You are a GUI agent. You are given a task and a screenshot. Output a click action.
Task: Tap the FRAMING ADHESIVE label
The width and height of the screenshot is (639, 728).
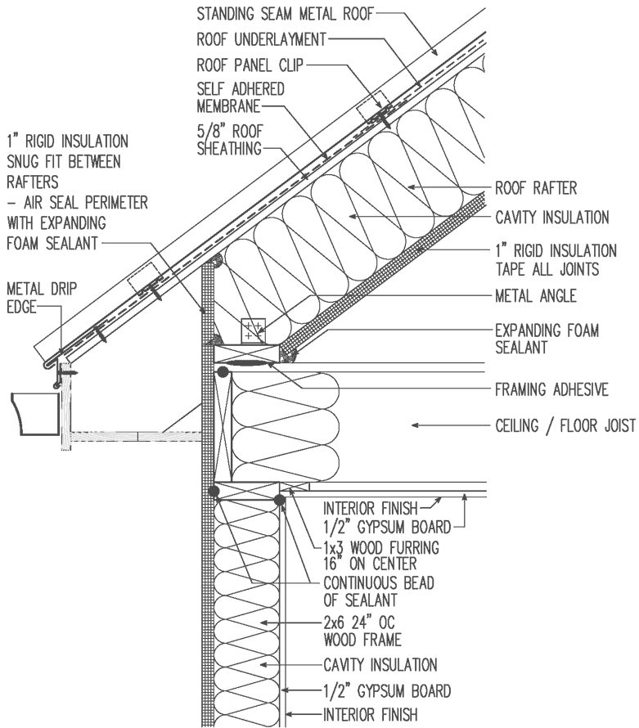click(x=552, y=389)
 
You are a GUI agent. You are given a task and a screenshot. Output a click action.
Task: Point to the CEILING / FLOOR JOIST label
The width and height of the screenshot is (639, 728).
click(x=565, y=425)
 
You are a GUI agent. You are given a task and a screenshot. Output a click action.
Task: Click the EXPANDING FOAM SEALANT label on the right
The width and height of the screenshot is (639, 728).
click(x=547, y=339)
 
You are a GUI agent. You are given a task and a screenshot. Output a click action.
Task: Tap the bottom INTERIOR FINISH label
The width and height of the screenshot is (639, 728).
click(x=371, y=714)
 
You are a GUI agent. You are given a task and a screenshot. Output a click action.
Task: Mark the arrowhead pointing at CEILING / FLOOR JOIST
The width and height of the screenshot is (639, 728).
click(x=419, y=425)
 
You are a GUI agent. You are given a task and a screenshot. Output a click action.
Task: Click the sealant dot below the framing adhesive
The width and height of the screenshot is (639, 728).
click(x=223, y=373)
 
